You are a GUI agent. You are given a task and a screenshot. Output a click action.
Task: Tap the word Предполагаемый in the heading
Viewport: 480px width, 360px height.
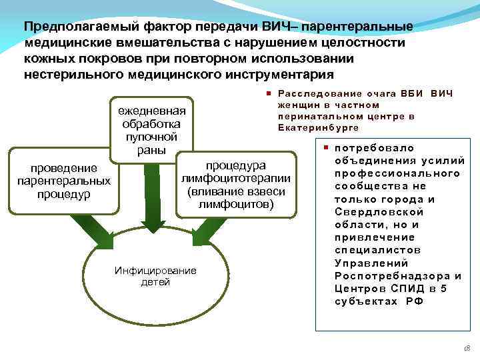click(x=73, y=27)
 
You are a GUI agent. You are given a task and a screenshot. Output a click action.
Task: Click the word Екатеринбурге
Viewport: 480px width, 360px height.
click(x=318, y=127)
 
